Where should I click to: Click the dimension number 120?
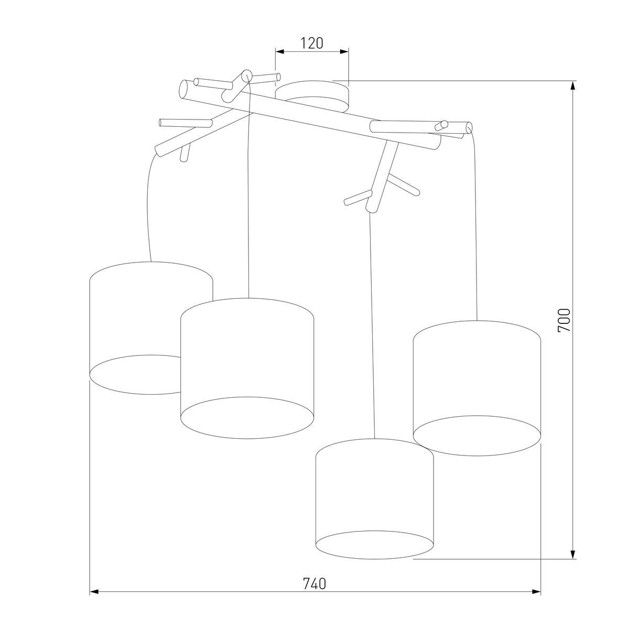pyautogui.click(x=311, y=43)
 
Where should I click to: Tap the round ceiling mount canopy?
pyautogui.click(x=312, y=96)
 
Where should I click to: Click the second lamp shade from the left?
pyautogui.click(x=247, y=368)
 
